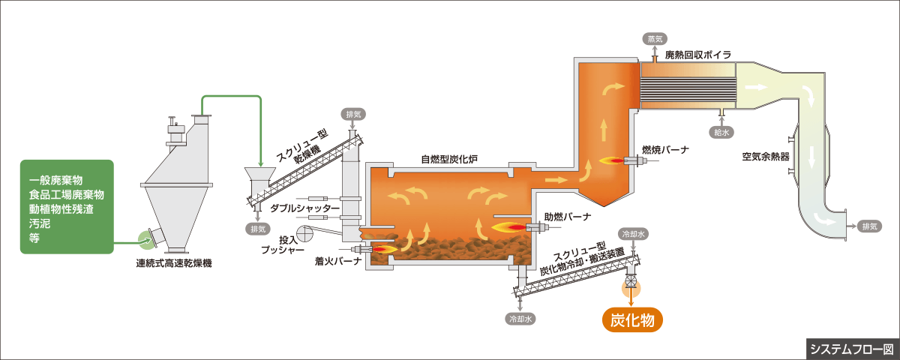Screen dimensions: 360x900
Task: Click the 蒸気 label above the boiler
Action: (x=653, y=39)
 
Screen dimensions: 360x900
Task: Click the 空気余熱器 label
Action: (x=766, y=157)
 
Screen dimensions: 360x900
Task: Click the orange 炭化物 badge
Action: (x=633, y=320)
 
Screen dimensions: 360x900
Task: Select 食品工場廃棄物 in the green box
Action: (x=66, y=195)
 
